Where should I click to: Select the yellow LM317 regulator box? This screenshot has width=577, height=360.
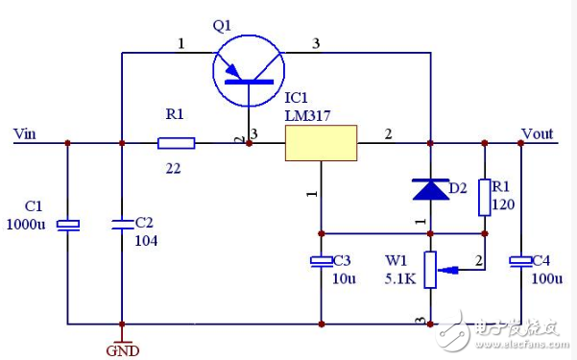[x=321, y=143]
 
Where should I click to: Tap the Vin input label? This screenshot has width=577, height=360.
[x=26, y=132]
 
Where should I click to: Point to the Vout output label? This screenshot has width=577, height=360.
[x=538, y=132]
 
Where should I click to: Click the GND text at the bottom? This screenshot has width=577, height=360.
[x=122, y=350]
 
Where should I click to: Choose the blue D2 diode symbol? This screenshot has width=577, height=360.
[x=430, y=189]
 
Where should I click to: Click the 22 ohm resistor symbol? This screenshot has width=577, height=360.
[x=177, y=143]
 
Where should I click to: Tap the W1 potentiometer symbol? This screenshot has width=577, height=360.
[x=431, y=269]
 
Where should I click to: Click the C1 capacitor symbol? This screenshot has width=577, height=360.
[x=67, y=225]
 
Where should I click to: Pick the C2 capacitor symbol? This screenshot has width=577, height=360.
[x=122, y=225]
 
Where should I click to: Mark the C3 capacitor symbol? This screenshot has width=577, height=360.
[x=321, y=261]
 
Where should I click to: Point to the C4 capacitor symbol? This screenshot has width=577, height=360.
[x=520, y=261]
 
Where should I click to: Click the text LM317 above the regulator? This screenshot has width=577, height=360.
[x=303, y=115]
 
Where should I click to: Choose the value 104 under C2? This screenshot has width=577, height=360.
[x=146, y=240]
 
